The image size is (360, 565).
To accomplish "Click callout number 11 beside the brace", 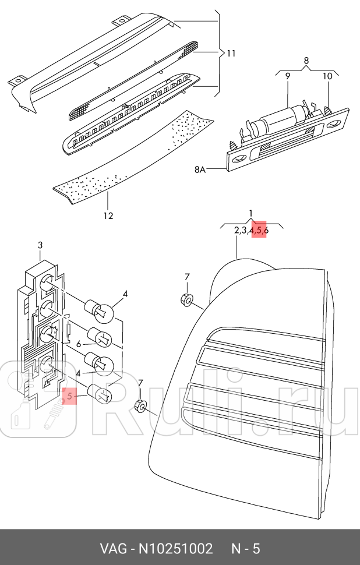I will tap(231, 54).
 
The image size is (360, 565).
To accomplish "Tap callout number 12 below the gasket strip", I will tap(108, 216).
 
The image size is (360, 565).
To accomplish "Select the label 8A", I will tap(201, 170).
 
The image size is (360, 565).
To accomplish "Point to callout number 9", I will tap(287, 76).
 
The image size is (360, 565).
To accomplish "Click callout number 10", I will tap(327, 76).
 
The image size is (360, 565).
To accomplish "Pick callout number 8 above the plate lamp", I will tap(306, 60).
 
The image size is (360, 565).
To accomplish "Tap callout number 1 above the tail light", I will tap(251, 213).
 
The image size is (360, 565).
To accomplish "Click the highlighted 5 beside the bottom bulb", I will tap(69, 397).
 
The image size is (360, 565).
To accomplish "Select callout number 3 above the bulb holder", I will tap(40, 245).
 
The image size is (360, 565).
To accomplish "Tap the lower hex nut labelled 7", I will tap(140, 405).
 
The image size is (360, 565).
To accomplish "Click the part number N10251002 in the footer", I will tap(177, 549).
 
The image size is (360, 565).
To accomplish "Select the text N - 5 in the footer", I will tap(245, 549).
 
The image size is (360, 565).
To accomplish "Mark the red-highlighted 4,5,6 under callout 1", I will tap(258, 231).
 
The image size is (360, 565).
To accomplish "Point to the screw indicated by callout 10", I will tap(329, 109).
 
